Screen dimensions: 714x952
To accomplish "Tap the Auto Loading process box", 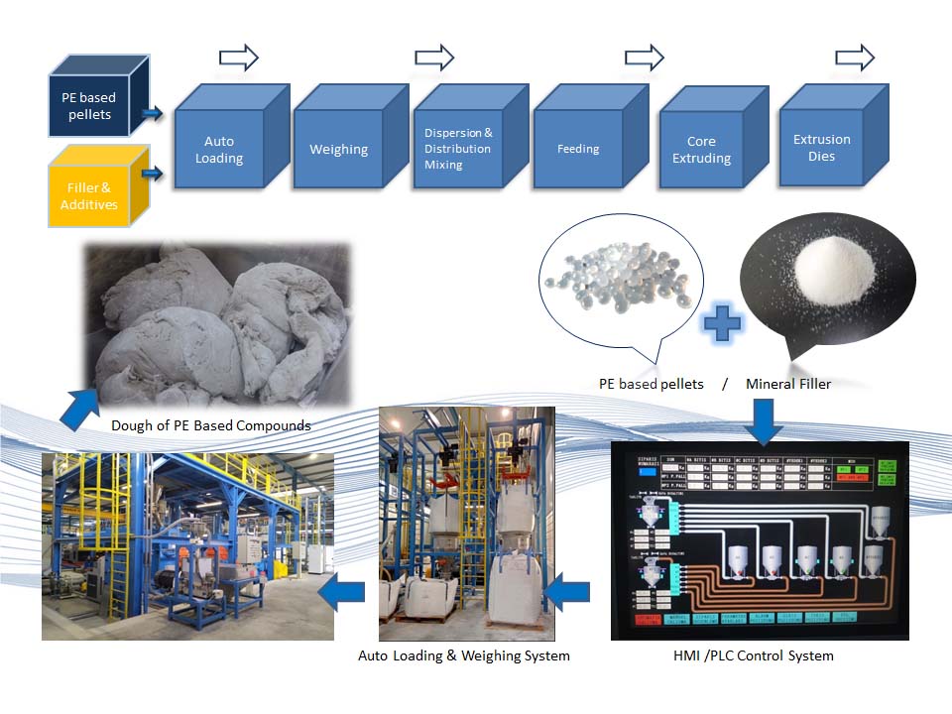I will (x=219, y=150).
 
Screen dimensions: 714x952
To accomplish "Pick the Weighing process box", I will (x=338, y=150).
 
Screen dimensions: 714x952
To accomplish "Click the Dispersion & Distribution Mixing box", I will (x=457, y=149).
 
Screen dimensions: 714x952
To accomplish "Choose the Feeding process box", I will (x=578, y=149).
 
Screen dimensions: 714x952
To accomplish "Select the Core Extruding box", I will (x=701, y=150).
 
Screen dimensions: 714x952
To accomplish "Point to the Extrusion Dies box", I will (x=821, y=148).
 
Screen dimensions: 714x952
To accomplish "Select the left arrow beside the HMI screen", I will (x=569, y=594).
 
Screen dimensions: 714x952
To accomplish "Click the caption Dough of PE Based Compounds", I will (x=211, y=425).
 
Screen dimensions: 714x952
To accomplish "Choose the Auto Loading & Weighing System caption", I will (x=463, y=655).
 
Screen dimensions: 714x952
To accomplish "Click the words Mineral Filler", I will (x=788, y=384).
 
